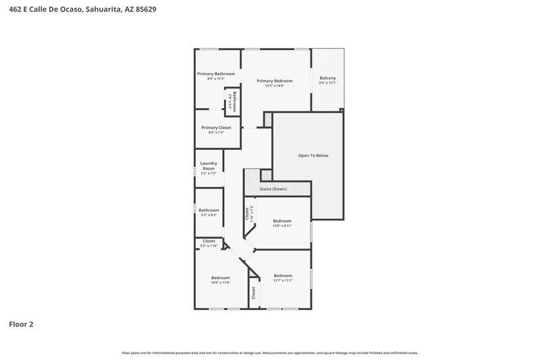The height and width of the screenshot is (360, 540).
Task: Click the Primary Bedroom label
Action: click(275, 80)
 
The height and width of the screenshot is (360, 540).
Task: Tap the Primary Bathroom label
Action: click(216, 74)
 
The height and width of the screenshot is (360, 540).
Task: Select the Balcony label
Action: click(327, 78)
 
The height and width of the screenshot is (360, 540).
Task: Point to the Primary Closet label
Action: click(216, 127)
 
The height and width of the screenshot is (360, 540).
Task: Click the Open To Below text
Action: click(313, 155)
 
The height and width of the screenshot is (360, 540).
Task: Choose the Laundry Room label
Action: click(208, 165)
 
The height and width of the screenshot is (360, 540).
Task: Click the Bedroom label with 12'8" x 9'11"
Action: click(282, 221)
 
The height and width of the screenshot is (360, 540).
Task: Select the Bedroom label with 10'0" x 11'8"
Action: click(220, 278)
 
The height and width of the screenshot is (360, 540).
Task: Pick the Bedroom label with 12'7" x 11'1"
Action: click(283, 275)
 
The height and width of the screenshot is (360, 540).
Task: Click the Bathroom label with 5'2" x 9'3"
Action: click(209, 210)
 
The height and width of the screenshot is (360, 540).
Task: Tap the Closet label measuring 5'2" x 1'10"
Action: click(209, 240)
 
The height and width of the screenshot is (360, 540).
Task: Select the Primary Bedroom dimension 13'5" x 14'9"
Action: click(275, 86)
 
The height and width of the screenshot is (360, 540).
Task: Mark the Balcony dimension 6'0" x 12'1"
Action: click(327, 83)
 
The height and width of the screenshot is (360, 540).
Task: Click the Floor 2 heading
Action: click(21, 324)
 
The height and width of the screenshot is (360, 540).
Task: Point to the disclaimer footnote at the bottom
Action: click(270, 353)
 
